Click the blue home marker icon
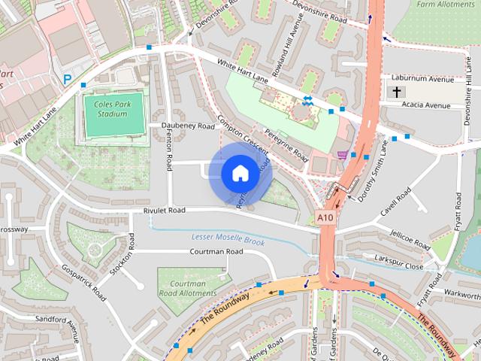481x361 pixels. point(239,173)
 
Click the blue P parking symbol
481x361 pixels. point(68,79)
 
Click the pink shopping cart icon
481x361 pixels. point(343,155)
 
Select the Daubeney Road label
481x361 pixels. point(182,126)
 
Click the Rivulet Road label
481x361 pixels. point(164,211)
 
